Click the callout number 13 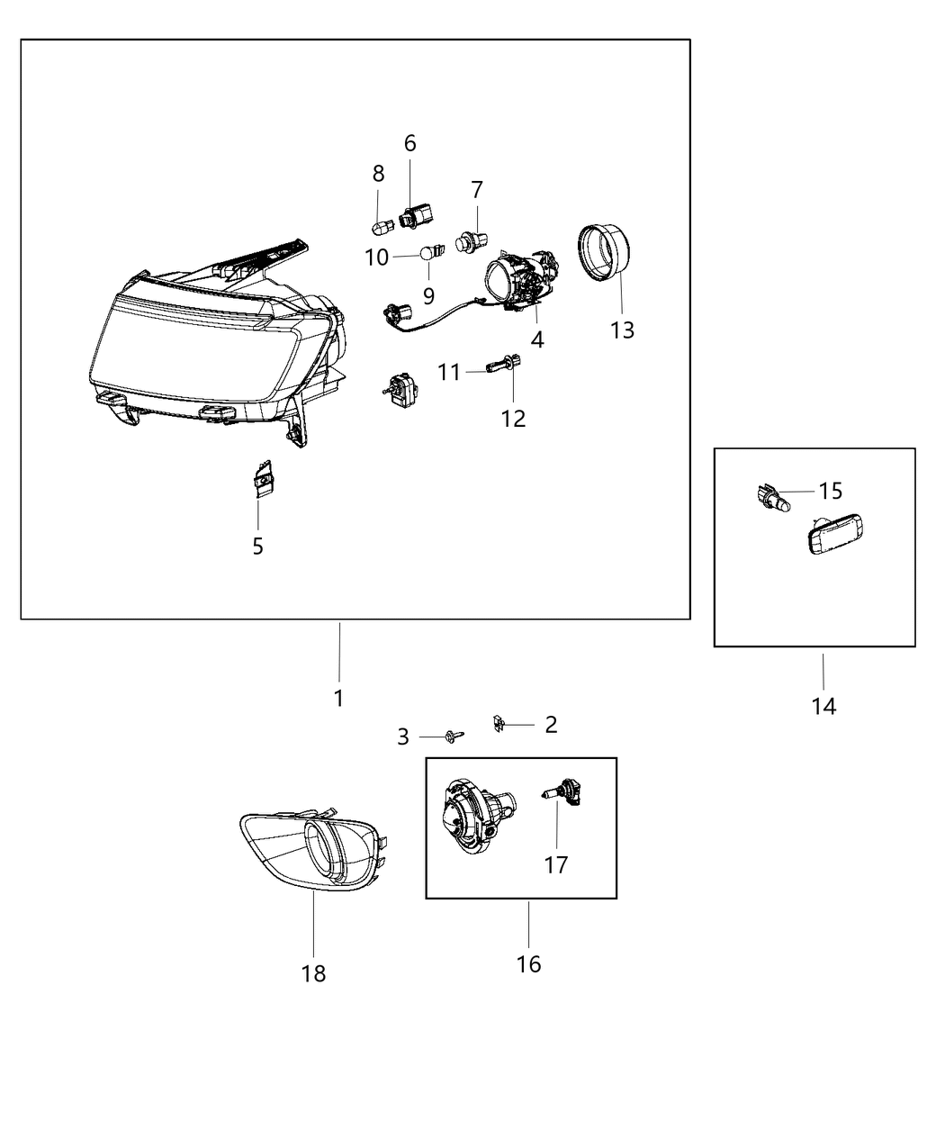pyautogui.click(x=622, y=330)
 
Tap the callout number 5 pyautogui.click(x=257, y=546)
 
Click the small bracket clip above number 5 pyautogui.click(x=262, y=479)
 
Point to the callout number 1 pyautogui.click(x=338, y=698)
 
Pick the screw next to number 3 pyautogui.click(x=454, y=737)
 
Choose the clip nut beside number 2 pyautogui.click(x=499, y=723)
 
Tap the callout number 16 pyautogui.click(x=528, y=964)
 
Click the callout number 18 pyautogui.click(x=313, y=973)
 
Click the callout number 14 pyautogui.click(x=823, y=707)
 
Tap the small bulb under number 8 pyautogui.click(x=378, y=221)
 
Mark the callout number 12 pyautogui.click(x=514, y=419)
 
